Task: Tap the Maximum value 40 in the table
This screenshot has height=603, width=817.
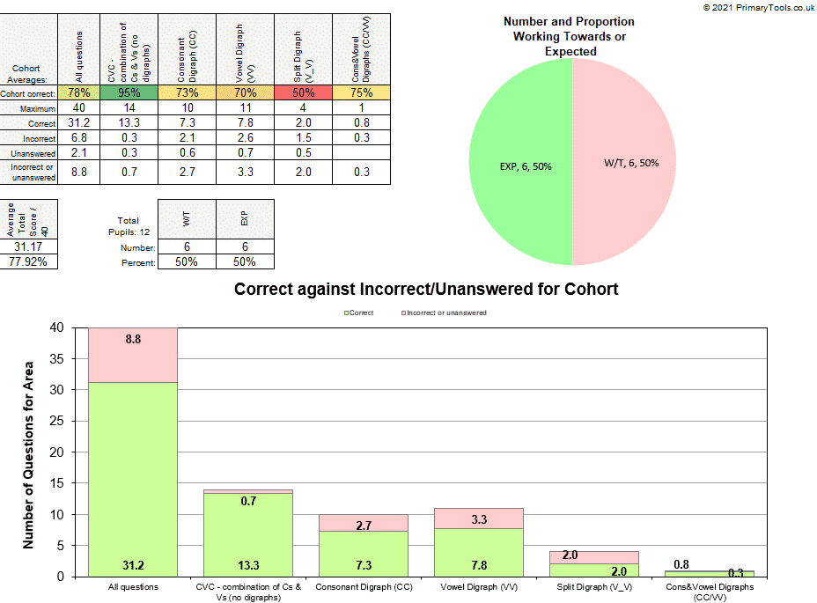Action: tap(80, 108)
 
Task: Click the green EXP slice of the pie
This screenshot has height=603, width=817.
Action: tap(519, 165)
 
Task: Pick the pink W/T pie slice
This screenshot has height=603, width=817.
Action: tap(625, 165)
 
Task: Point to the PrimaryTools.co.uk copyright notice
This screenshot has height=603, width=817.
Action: tap(758, 7)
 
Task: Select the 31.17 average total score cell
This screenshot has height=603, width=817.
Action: tap(29, 247)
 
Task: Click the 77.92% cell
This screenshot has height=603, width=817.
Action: tap(29, 261)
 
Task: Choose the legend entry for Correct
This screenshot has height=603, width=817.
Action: tap(358, 313)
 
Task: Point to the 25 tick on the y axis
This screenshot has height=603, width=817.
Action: tap(59, 421)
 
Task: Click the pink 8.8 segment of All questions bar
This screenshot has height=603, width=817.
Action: tap(133, 355)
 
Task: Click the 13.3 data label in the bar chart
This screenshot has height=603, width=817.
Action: tap(248, 564)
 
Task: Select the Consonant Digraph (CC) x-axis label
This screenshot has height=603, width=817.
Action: tap(364, 586)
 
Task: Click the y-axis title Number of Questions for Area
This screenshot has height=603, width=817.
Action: tap(29, 452)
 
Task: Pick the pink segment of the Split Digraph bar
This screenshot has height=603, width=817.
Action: tap(593, 557)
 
